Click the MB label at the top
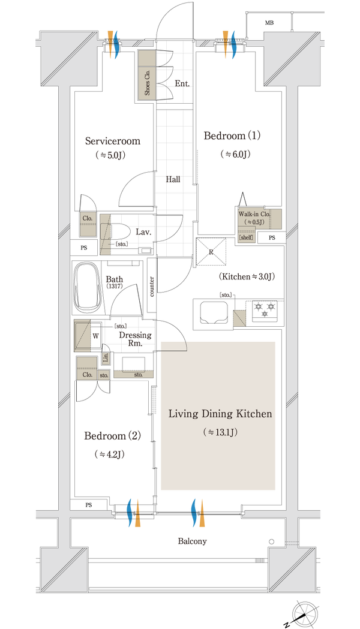[269, 23]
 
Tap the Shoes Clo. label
[147, 83]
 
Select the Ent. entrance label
[182, 83]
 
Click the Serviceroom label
[113, 141]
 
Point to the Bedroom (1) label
[232, 136]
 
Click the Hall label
[173, 179]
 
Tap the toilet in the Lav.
[119, 232]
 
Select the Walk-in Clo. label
[254, 214]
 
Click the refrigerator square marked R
[211, 251]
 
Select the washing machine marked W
[88, 336]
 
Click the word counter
[152, 287]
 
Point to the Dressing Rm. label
[135, 339]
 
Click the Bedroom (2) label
[112, 436]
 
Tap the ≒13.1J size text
[220, 432]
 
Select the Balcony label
[192, 541]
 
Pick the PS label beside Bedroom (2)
[88, 505]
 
